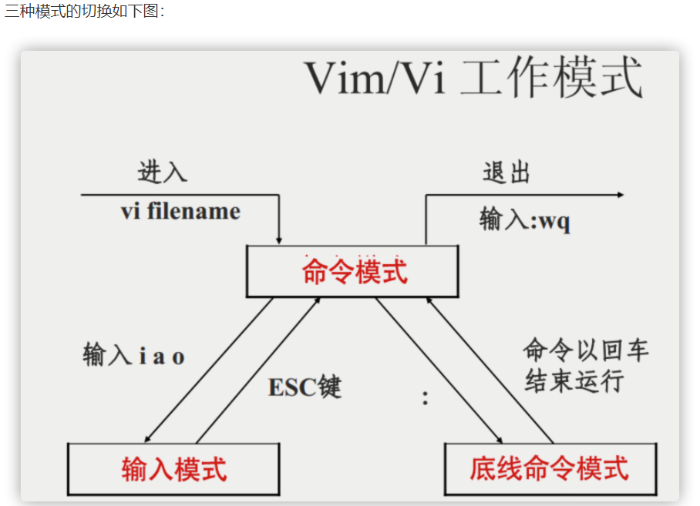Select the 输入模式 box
point(173,468)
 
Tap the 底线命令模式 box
point(550,468)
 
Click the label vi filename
point(180,211)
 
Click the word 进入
point(163,172)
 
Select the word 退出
point(506,172)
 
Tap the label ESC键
point(305,387)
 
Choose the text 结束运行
point(574,380)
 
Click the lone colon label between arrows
point(425,397)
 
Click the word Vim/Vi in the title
point(375,77)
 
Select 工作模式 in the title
point(550,77)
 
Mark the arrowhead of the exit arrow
point(620,195)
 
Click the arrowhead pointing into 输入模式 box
point(148,440)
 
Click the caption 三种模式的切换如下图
point(85,13)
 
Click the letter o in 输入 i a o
point(178,357)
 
